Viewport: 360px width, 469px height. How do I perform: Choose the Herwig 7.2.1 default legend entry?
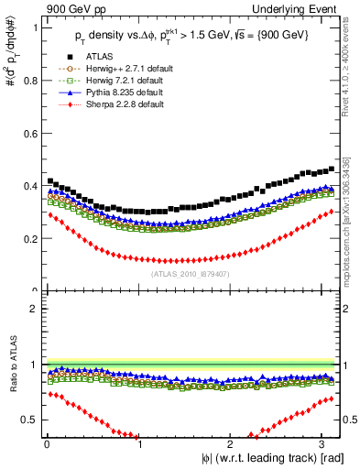tap(123, 82)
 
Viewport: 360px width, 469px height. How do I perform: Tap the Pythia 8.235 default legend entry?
tap(122, 93)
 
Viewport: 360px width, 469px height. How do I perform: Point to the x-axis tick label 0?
tap(47, 444)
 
